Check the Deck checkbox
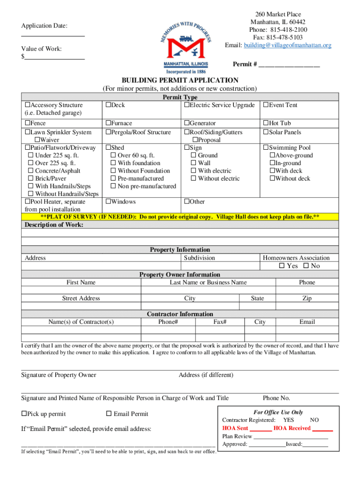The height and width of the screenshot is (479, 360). (x=108, y=105)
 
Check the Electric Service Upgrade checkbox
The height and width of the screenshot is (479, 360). (x=187, y=105)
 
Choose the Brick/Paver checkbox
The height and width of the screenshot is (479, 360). (x=31, y=179)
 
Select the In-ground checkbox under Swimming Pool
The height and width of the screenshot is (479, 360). (x=272, y=163)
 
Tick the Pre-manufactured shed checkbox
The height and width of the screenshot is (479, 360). (x=113, y=179)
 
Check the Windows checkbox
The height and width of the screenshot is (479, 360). (x=108, y=202)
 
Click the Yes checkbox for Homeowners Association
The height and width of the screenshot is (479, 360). (x=281, y=266)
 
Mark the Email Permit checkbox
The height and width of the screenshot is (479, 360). (x=109, y=414)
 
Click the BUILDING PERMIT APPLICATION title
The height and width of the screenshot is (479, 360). (x=180, y=80)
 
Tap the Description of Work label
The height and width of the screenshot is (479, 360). (x=54, y=225)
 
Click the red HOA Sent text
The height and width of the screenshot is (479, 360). (x=235, y=428)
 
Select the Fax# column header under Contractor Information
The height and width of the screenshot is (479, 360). (x=220, y=322)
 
